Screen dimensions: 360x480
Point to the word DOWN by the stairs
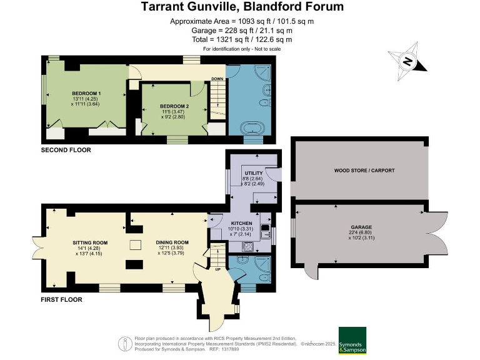click(217, 79)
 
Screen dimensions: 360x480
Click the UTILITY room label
click(253, 172)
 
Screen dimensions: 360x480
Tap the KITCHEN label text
click(241, 223)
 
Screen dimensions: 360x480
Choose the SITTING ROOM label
click(90, 242)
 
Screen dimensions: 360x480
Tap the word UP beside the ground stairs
click(217, 271)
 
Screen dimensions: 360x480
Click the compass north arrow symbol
click(407, 61)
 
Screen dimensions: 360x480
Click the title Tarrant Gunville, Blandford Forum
click(242, 7)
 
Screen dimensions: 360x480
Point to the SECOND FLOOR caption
click(66, 150)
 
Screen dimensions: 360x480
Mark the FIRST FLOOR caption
click(62, 299)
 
